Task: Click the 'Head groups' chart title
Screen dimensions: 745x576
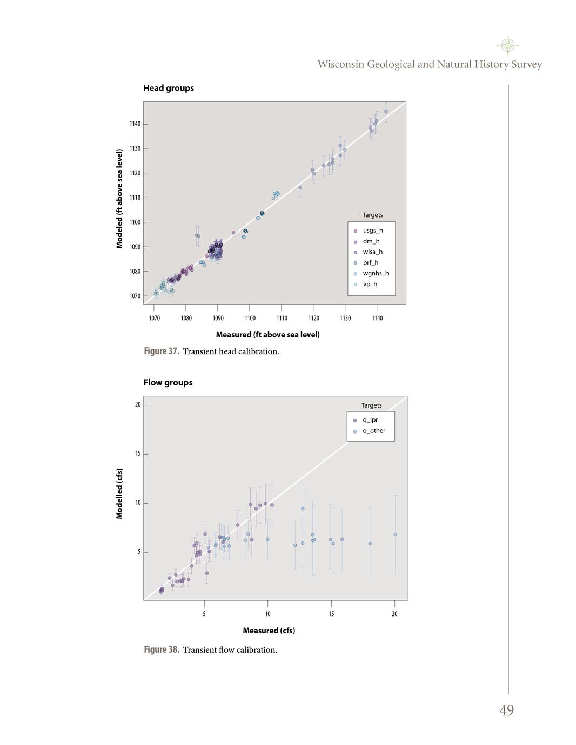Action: (x=169, y=88)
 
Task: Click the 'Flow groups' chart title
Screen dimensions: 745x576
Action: (x=168, y=382)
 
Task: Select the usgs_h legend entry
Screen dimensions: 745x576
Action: (x=372, y=231)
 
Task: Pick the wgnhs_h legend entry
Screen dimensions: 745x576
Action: (x=376, y=273)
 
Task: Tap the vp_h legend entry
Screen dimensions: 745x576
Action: (x=370, y=284)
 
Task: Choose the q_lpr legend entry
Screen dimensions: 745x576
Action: (x=370, y=420)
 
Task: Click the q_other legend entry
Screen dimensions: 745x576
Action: (x=374, y=431)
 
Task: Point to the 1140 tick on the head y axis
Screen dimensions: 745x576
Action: (x=135, y=124)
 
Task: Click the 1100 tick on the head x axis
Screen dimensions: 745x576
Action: (x=250, y=318)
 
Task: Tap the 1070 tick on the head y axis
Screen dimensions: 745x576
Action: (x=135, y=296)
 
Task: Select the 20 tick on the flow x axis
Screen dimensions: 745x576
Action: (x=394, y=614)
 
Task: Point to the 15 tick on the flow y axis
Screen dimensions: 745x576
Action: (x=138, y=453)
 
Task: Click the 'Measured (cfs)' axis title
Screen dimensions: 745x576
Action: (x=269, y=631)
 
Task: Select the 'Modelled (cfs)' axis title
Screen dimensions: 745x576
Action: (x=119, y=493)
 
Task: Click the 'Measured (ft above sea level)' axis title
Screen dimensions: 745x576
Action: (x=267, y=335)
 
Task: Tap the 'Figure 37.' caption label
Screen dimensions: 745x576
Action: (x=162, y=351)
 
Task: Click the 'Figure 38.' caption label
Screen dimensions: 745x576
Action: (x=162, y=650)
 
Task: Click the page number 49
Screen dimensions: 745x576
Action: (x=507, y=710)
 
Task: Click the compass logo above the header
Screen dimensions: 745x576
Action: (x=507, y=45)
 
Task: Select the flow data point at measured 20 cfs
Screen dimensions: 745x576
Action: (x=396, y=534)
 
